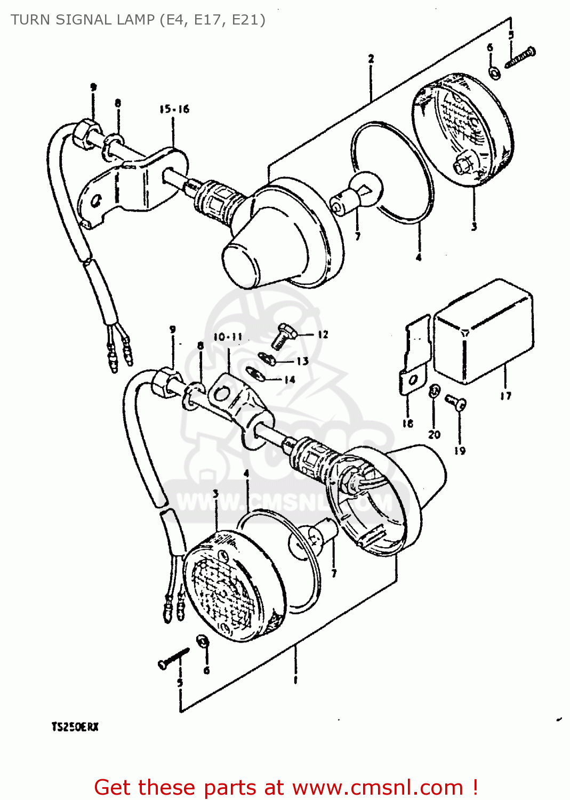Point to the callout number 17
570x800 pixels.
coord(505,396)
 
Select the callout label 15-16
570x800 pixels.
coord(174,109)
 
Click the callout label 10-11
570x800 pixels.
coord(228,337)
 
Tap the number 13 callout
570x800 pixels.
coord(302,361)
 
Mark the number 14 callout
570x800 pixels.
coord(290,380)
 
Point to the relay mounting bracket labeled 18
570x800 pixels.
coord(415,355)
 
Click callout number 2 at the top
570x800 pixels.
coord(371,59)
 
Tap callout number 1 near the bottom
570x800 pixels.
coord(295,680)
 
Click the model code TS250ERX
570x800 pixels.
coord(75,727)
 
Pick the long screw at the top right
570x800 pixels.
coord(520,57)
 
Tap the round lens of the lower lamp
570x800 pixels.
coord(232,587)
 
